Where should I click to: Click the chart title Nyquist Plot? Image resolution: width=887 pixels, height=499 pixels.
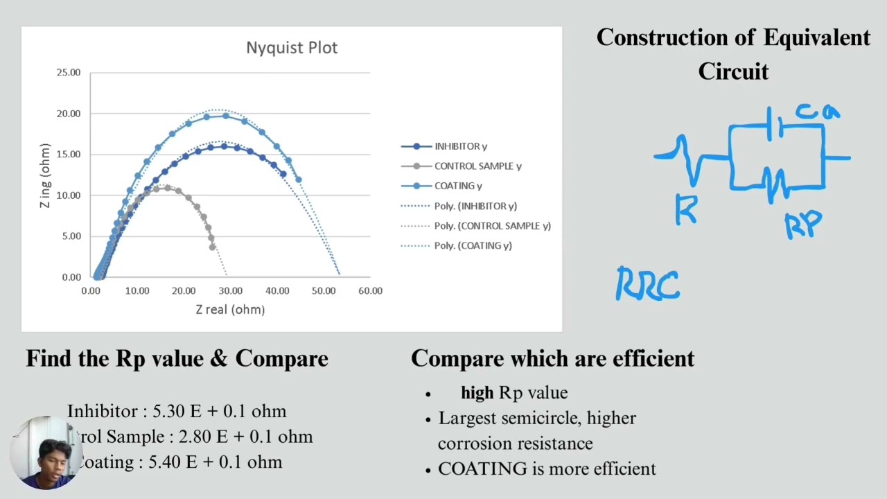tap(292, 48)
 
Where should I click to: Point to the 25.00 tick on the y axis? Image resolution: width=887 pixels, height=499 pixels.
tap(69, 73)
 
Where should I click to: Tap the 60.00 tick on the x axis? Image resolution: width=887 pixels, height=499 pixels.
tap(370, 291)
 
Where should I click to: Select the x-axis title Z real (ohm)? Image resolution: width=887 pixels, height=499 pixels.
tap(230, 310)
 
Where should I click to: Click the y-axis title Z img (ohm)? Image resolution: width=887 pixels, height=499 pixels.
tap(46, 175)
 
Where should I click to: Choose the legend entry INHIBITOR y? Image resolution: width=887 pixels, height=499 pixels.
tap(460, 146)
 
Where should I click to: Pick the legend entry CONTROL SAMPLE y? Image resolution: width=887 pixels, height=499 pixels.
tap(477, 166)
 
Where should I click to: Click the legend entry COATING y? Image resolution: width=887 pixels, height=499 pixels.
tap(458, 186)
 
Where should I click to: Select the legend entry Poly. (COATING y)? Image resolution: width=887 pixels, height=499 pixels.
tap(473, 245)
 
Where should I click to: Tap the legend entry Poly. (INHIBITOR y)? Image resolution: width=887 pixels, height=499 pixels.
tap(475, 206)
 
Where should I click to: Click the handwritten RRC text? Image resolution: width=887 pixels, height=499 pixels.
tap(648, 285)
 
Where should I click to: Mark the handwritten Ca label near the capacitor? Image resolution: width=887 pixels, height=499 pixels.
tap(818, 112)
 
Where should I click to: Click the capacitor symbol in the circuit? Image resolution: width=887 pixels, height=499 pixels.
tap(775, 125)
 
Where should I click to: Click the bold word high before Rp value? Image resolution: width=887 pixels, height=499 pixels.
tap(477, 393)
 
